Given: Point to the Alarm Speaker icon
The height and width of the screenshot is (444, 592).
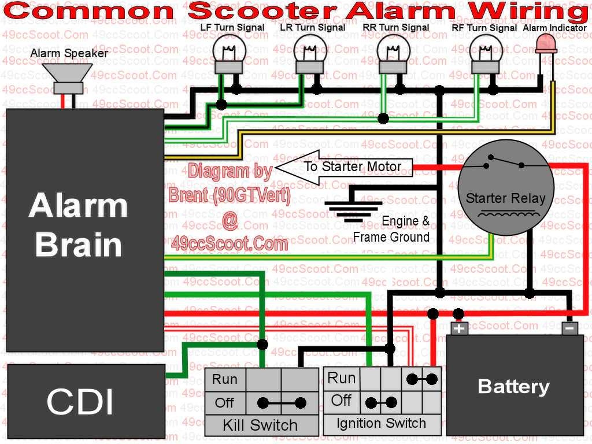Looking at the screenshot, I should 69,78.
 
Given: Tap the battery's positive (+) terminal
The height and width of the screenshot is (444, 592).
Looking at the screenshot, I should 459,328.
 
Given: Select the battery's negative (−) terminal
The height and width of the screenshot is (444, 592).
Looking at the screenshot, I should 569,328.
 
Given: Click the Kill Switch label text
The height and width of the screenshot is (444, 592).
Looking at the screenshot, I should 260,426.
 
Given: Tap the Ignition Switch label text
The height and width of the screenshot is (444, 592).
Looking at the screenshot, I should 381,423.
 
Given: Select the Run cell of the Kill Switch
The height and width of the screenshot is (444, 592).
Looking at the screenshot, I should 225,379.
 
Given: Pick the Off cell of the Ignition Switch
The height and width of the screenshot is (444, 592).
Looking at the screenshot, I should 341,400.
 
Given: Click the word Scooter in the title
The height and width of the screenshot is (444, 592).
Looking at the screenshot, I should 262,11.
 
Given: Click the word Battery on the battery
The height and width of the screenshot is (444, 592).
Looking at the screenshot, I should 513,386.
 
